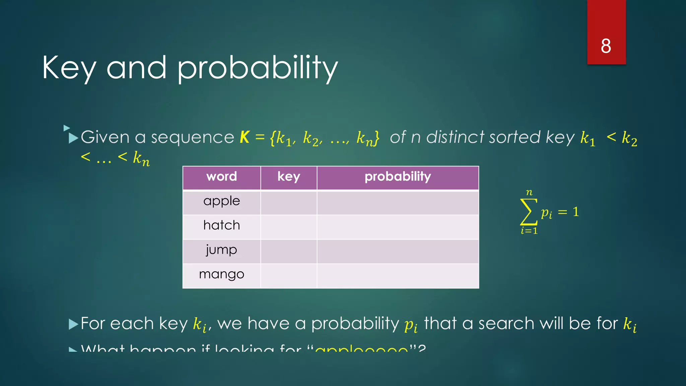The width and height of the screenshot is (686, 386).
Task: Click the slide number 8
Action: point(606,46)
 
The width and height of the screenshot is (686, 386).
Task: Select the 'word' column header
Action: point(221,177)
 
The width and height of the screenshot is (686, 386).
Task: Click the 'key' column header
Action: point(288,177)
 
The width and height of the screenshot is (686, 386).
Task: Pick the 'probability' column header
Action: point(398,177)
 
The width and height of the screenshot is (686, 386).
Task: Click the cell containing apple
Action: point(221,201)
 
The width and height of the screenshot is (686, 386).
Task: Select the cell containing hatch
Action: point(221,226)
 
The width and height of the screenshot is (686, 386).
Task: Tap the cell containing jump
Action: point(221,250)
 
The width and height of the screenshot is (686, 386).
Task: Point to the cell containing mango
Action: point(221,275)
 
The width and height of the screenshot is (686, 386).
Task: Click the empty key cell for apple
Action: point(288,202)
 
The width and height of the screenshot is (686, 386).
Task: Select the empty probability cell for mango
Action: point(398,276)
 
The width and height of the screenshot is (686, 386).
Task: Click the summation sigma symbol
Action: point(528,212)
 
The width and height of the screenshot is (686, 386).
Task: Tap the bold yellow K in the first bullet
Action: point(245,137)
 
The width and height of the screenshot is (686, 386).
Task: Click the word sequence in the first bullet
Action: point(192,137)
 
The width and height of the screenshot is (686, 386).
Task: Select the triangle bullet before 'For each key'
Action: point(73,324)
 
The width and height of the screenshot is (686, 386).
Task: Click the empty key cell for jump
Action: point(288,251)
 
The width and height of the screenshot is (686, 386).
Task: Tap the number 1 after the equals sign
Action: point(575,212)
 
